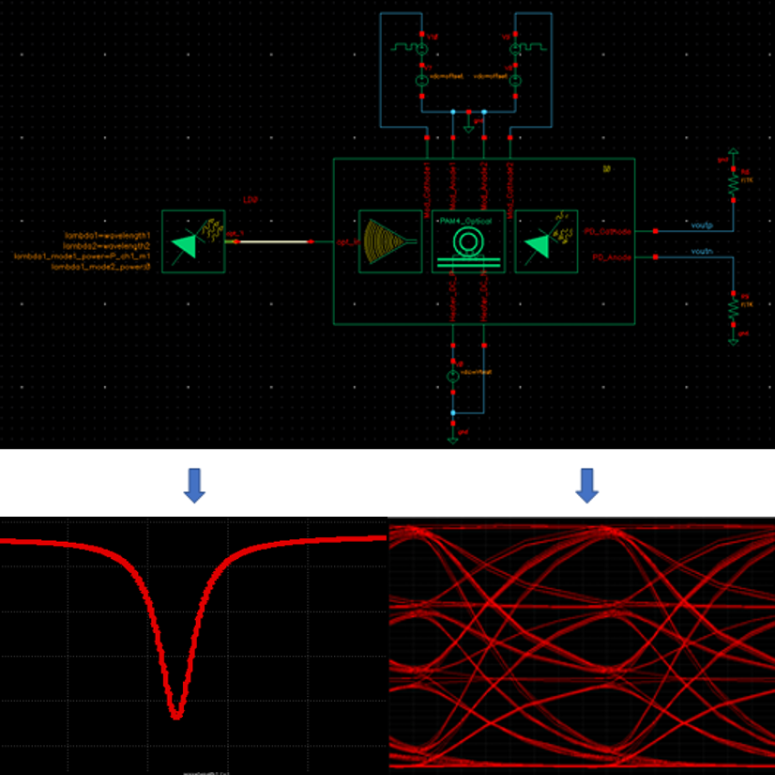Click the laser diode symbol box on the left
click(x=192, y=241)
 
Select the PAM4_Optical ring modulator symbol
click(x=468, y=241)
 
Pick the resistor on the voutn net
click(x=734, y=306)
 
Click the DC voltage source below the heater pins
click(x=452, y=376)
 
